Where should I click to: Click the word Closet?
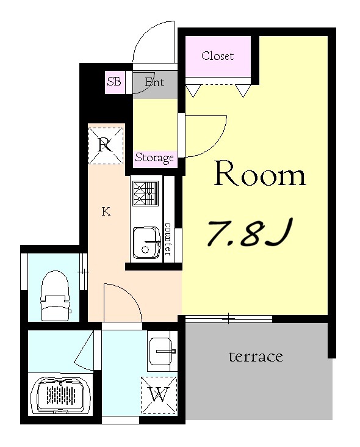[217, 56]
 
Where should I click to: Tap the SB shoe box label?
[114, 82]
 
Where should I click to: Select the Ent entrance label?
[154, 82]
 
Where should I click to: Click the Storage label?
[154, 158]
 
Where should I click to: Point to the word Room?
[260, 174]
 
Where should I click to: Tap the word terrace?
[256, 357]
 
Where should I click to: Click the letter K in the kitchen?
[106, 211]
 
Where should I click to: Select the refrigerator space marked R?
[106, 146]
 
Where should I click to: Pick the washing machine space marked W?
[159, 395]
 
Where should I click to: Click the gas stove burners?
[145, 194]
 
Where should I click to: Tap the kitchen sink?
[146, 242]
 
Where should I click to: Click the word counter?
[168, 239]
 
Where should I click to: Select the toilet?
[55, 296]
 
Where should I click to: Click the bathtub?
[60, 396]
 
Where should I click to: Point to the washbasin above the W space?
[162, 352]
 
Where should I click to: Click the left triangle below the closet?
[193, 90]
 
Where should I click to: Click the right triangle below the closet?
[243, 90]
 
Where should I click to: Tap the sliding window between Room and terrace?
[229, 319]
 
